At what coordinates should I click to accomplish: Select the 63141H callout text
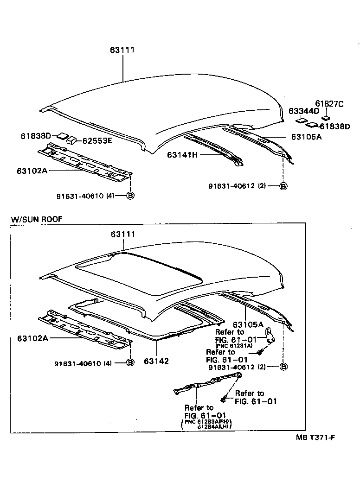(182, 155)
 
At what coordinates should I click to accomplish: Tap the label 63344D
(303, 111)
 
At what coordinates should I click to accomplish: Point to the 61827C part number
(329, 103)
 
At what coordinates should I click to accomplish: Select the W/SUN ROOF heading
(36, 219)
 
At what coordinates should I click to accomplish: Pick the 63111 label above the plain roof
(122, 50)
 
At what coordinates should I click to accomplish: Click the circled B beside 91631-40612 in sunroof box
(284, 367)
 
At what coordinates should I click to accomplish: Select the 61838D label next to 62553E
(35, 136)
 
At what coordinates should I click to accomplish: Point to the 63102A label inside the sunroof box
(32, 338)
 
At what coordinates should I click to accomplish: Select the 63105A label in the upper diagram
(306, 137)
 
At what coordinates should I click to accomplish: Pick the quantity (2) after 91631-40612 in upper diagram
(262, 186)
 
